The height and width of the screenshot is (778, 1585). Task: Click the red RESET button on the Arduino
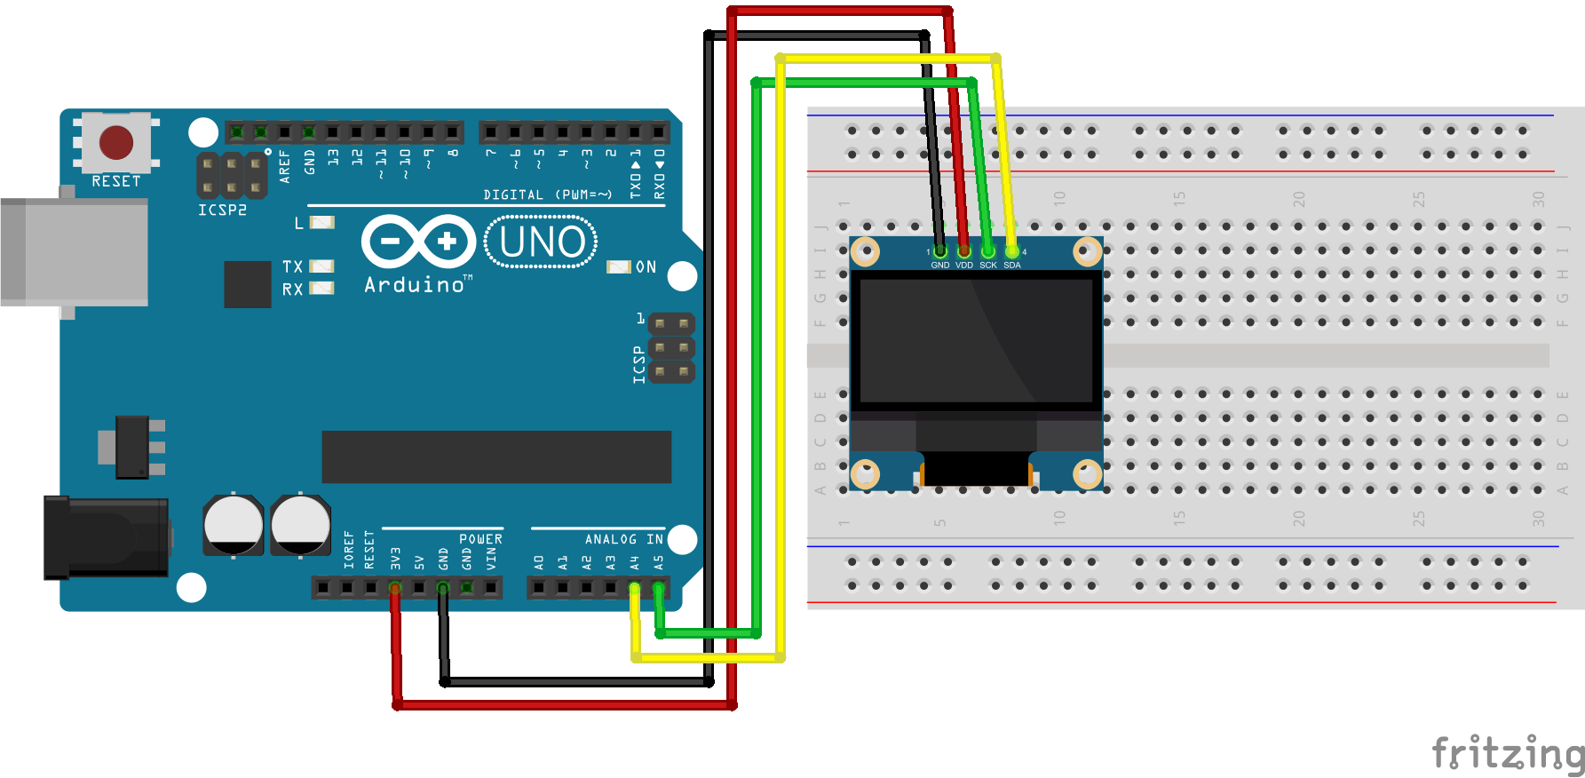[x=116, y=142]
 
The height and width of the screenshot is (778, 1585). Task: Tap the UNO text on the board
[x=542, y=242]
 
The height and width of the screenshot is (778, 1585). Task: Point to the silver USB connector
[x=75, y=252]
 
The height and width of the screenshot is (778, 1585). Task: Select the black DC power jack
[x=107, y=537]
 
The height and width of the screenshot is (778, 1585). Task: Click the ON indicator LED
[x=618, y=266]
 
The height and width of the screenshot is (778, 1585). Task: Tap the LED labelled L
[x=321, y=222]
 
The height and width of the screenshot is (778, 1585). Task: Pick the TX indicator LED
[x=321, y=266]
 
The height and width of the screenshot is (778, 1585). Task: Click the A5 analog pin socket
[x=658, y=587]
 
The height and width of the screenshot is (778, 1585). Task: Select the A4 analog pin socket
[x=634, y=587]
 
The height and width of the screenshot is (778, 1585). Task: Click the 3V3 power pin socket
[x=395, y=587]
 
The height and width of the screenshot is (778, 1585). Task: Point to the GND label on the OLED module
[x=940, y=265]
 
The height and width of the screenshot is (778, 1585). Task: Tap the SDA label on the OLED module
[x=1012, y=265]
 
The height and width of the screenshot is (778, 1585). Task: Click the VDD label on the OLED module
[x=964, y=265]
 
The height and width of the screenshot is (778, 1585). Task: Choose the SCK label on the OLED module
[x=988, y=265]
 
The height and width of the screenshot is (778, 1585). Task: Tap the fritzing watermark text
[x=1507, y=753]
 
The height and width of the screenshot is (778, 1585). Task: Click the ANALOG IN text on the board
[x=623, y=539]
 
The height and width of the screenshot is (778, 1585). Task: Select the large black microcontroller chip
[x=496, y=456]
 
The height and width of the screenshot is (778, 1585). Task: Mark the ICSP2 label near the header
[x=222, y=210]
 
